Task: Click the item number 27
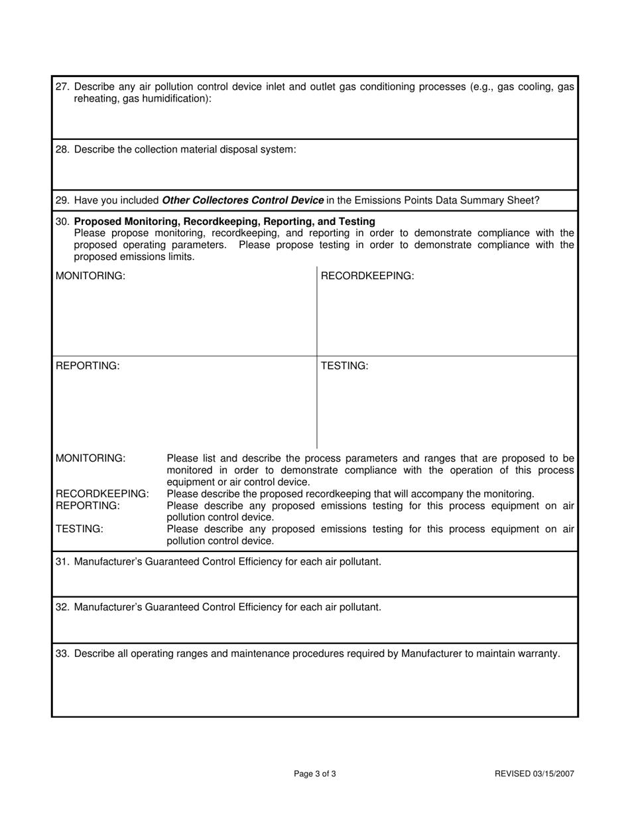[62, 87]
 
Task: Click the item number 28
[62, 150]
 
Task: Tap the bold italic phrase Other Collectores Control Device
[243, 200]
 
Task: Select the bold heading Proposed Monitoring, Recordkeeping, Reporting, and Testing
[225, 221]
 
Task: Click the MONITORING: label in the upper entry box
[90, 276]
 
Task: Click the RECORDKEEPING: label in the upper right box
[367, 276]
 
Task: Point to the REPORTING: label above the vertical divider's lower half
[88, 366]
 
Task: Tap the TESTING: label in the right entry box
[344, 366]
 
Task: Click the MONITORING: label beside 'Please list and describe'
[90, 458]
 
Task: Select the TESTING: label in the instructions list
[80, 529]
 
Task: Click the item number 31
[62, 562]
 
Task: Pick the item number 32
[62, 607]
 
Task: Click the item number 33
[62, 653]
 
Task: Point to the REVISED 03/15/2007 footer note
[535, 774]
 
